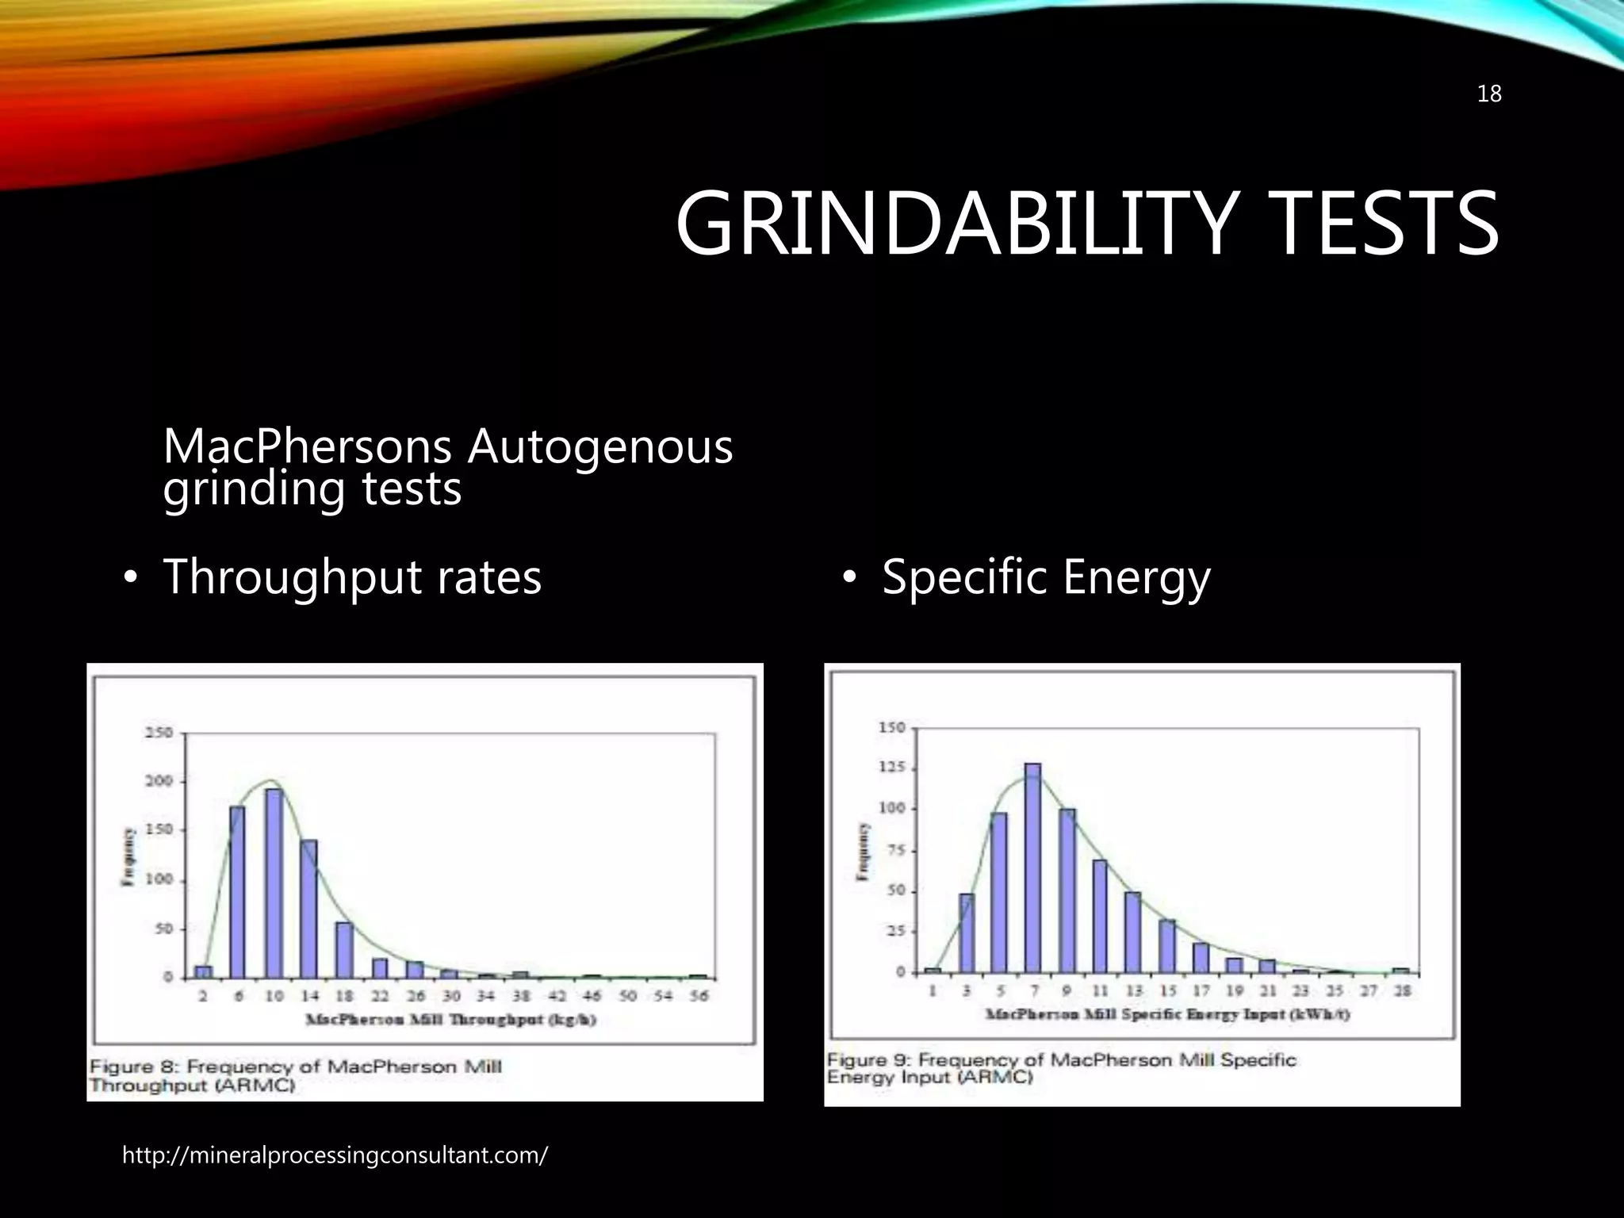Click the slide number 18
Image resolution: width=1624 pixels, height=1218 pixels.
[x=1489, y=94]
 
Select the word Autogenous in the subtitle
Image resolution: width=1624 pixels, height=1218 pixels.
[x=599, y=446]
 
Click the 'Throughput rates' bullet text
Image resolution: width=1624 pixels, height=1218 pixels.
[x=352, y=576]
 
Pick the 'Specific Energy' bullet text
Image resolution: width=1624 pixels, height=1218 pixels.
[x=1046, y=576]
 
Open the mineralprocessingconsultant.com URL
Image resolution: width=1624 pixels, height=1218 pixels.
[x=335, y=1155]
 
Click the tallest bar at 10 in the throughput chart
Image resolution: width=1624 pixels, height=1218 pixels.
[x=274, y=883]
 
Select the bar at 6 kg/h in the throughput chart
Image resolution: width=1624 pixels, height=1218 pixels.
[x=237, y=891]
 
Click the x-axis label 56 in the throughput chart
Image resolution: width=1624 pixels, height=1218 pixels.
[x=698, y=996]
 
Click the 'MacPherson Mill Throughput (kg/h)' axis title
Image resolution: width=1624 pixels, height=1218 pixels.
[x=450, y=1020]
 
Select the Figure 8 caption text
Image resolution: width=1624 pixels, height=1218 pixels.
[x=295, y=1075]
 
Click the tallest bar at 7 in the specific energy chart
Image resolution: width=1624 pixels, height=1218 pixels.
[x=1032, y=868]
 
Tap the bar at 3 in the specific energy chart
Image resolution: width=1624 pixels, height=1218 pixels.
[x=966, y=933]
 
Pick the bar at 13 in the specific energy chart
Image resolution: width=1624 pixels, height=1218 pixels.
[x=1132, y=932]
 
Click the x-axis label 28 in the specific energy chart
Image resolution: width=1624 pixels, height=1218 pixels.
[x=1402, y=991]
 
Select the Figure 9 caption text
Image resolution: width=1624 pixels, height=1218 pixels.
[x=1061, y=1068]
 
